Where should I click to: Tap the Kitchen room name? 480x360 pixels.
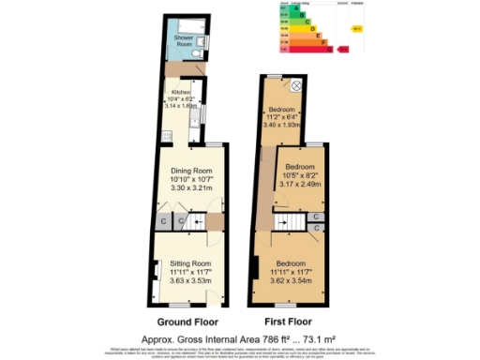coord(179,92)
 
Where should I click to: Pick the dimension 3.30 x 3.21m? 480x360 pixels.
coord(191,188)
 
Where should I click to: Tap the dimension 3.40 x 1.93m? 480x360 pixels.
coord(285,124)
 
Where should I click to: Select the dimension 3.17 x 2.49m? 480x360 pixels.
coord(300,183)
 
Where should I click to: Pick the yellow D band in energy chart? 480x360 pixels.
coord(293,28)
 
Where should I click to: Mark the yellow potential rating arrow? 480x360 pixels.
coord(356,28)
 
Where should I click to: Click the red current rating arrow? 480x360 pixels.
coord(343,50)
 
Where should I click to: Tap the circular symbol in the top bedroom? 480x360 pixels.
coord(296,86)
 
